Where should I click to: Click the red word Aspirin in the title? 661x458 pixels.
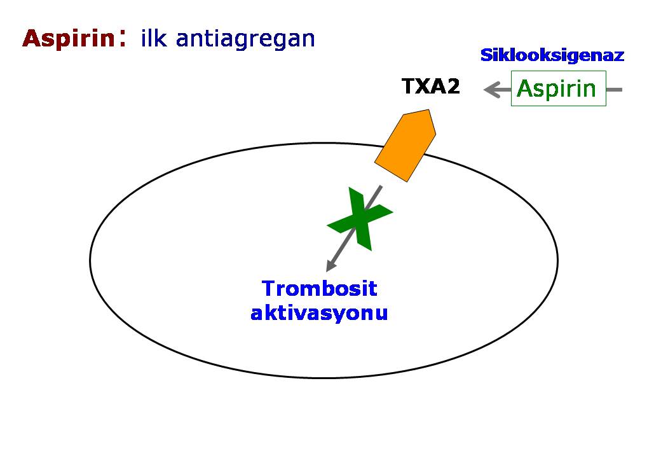click(67, 39)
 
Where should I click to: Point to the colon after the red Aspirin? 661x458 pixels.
click(121, 39)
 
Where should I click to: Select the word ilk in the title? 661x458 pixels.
click(154, 39)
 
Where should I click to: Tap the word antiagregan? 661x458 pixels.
click(245, 39)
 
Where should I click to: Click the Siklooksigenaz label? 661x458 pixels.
click(552, 55)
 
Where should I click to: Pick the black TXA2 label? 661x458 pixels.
click(430, 87)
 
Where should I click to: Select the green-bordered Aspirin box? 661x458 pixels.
click(558, 88)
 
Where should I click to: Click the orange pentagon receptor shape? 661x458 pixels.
click(405, 146)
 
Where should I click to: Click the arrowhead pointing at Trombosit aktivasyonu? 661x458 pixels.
click(329, 267)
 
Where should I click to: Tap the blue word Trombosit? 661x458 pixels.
click(319, 289)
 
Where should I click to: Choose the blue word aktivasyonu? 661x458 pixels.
click(319, 313)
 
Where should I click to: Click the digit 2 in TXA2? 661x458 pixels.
click(453, 87)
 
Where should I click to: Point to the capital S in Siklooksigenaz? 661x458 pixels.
click(486, 55)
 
